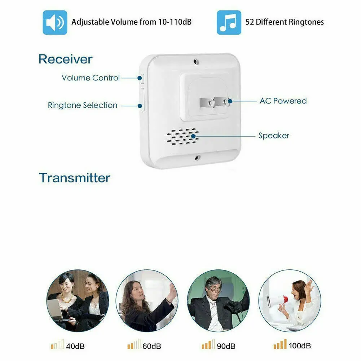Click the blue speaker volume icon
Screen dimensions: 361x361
point(55,22)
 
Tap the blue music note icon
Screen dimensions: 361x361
point(229,22)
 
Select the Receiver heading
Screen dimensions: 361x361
point(65,59)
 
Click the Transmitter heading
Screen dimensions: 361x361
point(75,178)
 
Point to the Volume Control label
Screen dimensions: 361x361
point(91,78)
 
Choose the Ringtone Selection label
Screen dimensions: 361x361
point(83,105)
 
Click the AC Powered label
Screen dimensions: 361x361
point(283,101)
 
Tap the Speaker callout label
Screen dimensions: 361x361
point(274,136)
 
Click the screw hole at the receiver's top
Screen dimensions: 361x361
point(196,62)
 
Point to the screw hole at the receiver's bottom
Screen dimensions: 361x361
point(197,158)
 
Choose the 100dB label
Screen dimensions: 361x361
point(300,345)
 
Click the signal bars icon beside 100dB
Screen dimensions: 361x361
point(280,344)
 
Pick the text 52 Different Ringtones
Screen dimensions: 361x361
point(285,22)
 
